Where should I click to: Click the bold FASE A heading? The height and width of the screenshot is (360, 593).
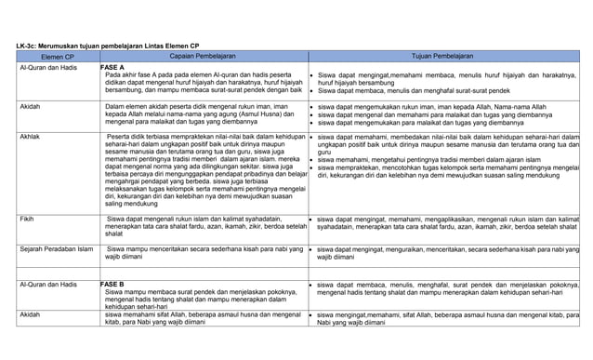(112, 67)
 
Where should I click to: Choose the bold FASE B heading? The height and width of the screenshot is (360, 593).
(112, 284)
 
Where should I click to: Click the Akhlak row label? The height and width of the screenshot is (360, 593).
(30, 137)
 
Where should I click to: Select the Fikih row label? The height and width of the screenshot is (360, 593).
(27, 219)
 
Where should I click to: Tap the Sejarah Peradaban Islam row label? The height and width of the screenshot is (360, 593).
(56, 249)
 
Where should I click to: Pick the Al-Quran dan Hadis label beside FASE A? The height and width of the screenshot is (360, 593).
(47, 68)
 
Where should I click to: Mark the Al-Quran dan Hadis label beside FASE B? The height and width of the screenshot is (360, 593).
(47, 284)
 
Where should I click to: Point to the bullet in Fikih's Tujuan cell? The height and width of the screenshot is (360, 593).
(310, 220)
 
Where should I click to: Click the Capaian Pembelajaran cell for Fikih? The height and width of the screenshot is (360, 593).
(204, 226)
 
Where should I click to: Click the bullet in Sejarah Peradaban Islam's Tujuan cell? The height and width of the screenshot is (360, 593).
(310, 250)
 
